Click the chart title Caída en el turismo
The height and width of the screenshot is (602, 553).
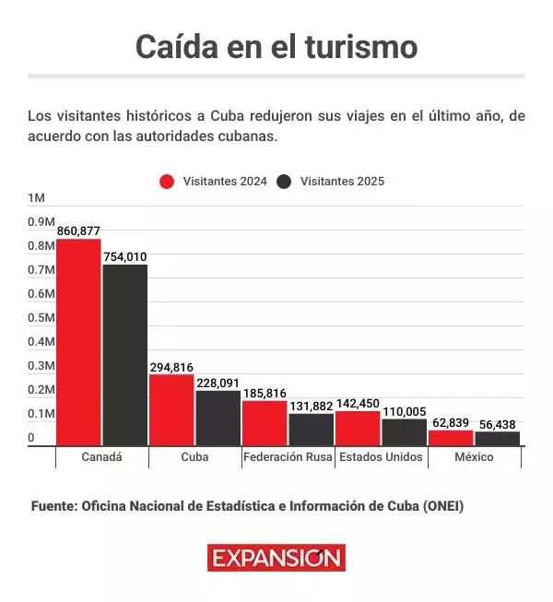click(276, 46)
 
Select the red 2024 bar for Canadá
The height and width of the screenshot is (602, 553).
click(78, 342)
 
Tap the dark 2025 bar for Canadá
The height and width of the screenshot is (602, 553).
click(125, 355)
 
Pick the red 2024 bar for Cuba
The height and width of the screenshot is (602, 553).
click(171, 409)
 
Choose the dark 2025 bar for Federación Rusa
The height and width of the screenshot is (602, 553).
click(312, 430)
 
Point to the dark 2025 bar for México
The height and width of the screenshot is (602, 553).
click(498, 438)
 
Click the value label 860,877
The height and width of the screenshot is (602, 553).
click(78, 230)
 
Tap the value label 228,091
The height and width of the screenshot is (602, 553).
click(218, 383)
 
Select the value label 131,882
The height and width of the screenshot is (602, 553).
click(312, 406)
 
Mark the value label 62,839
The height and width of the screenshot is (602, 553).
click(451, 422)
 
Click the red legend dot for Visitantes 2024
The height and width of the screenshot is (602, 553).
click(167, 182)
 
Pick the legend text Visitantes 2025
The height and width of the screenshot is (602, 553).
click(342, 182)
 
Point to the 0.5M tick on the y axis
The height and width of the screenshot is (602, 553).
click(41, 318)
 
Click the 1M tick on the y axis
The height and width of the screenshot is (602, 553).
click(36, 198)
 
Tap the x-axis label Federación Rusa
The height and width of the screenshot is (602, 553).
click(287, 457)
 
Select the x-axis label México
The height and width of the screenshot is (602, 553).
click(474, 457)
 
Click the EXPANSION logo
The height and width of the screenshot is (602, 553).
click(276, 558)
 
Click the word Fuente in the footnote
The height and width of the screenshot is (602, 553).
click(53, 507)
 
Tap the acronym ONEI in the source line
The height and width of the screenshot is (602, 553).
click(442, 507)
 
